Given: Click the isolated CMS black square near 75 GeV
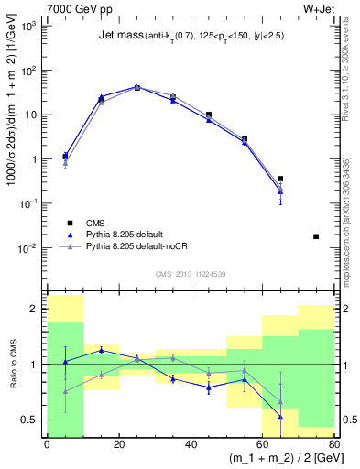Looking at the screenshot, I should (316, 236).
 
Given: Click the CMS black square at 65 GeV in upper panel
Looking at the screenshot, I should (280, 179).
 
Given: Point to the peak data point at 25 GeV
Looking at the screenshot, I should (136, 87).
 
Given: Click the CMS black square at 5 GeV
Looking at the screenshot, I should (65, 156).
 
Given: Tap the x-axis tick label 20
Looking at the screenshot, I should (118, 444).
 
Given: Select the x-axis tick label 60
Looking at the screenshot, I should (262, 444).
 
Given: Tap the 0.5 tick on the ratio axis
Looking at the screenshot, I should (34, 420).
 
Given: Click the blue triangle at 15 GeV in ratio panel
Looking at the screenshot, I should (101, 350).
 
